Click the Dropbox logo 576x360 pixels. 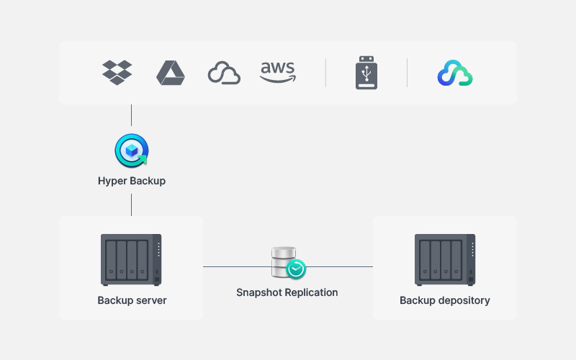click(117, 73)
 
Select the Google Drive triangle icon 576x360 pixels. click(171, 73)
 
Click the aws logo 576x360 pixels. click(278, 72)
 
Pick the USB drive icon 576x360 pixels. click(366, 73)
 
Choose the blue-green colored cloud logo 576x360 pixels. click(455, 73)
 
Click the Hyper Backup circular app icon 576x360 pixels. click(132, 150)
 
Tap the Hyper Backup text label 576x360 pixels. click(132, 181)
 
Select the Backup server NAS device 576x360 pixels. click(131, 260)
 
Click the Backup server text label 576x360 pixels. click(132, 300)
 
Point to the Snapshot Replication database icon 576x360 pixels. click(288, 263)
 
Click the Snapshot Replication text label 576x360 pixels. click(287, 292)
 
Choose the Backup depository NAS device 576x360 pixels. click(445, 260)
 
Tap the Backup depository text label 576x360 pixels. click(445, 300)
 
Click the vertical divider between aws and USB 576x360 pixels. click(326, 73)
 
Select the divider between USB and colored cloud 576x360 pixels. click(407, 73)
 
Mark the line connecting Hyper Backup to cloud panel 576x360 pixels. click(132, 115)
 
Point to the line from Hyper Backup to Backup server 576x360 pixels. click(132, 205)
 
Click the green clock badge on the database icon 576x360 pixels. click(296, 269)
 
